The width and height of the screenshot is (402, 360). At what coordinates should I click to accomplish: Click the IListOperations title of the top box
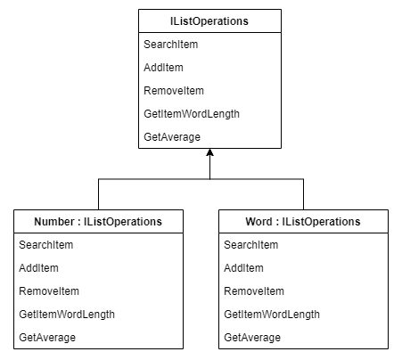(x=209, y=20)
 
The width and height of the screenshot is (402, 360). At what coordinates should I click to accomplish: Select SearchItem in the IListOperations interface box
(x=171, y=44)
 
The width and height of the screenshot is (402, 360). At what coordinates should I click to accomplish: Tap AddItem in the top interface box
(x=163, y=67)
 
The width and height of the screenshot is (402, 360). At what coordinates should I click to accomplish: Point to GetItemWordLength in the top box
(x=191, y=113)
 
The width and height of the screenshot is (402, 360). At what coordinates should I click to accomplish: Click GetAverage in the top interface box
(x=171, y=136)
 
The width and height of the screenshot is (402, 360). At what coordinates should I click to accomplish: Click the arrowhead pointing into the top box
(x=209, y=153)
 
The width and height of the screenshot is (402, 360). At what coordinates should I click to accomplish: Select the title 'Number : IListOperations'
(x=98, y=221)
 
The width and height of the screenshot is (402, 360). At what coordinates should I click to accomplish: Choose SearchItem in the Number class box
(x=46, y=244)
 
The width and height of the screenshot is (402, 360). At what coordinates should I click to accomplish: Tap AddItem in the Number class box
(x=38, y=267)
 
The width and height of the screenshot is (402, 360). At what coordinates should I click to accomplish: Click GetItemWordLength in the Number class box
(x=66, y=314)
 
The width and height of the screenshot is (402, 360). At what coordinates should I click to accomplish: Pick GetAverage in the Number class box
(x=46, y=337)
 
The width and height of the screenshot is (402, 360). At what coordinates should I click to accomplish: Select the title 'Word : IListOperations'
(x=303, y=221)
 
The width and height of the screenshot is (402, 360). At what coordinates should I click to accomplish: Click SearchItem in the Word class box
(x=251, y=244)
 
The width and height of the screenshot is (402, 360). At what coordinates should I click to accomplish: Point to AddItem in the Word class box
(x=243, y=267)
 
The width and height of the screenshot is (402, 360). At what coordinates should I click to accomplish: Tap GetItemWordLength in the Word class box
(x=271, y=314)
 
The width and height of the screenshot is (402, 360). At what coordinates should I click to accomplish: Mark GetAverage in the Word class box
(x=251, y=337)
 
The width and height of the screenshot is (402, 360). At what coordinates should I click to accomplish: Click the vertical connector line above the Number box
(x=98, y=194)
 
